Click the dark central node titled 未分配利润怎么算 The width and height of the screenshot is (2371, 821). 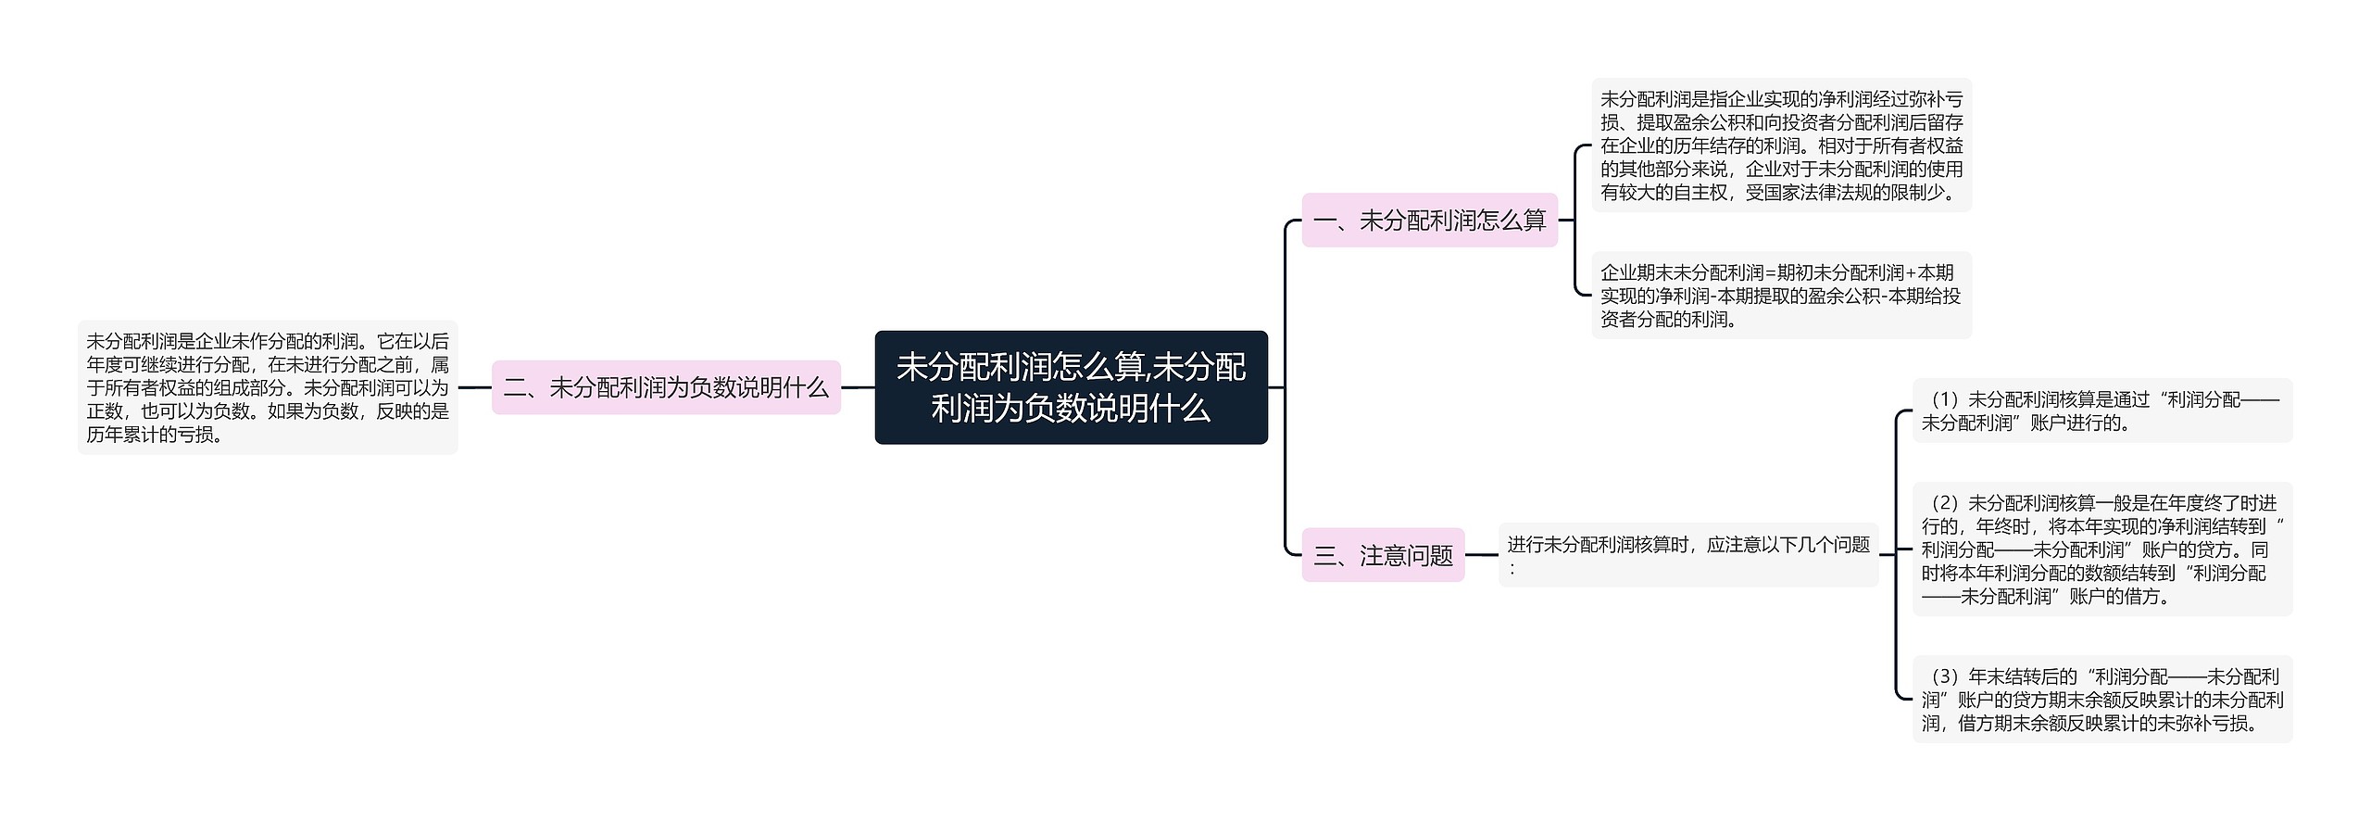tap(1071, 387)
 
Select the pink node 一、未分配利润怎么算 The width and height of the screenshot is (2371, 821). tap(1429, 221)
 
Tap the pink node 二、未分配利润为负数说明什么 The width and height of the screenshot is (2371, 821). tap(665, 387)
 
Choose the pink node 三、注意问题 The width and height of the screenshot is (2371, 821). tap(1383, 555)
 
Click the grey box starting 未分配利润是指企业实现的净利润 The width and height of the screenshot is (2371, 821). tap(1781, 145)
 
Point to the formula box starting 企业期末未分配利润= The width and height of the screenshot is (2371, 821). tap(1781, 296)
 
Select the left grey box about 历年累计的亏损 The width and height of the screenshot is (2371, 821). tap(267, 387)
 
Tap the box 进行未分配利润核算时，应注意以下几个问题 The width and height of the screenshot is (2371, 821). tap(1687, 555)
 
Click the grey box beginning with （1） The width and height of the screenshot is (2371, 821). tap(2101, 410)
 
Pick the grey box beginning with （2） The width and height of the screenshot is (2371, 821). tap(2101, 549)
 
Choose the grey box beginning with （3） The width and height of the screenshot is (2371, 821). tap(2101, 700)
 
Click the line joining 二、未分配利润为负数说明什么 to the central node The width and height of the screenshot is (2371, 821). tap(858, 387)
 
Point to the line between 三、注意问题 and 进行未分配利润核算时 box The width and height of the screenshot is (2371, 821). tap(1481, 555)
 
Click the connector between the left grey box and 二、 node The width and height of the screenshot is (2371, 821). tap(474, 387)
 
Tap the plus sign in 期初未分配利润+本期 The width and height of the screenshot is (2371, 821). tap(1911, 273)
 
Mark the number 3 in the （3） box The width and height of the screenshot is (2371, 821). tap(1944, 677)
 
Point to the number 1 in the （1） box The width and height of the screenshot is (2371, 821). tap(1944, 400)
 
